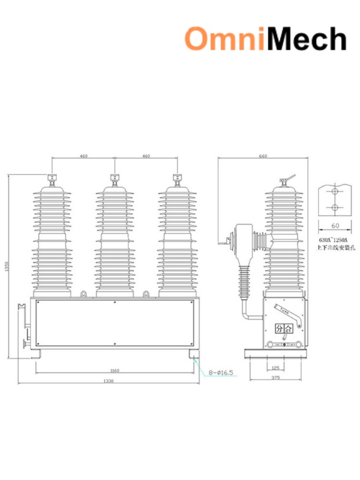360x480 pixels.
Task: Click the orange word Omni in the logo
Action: (224, 39)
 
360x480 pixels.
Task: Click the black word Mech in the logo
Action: (306, 39)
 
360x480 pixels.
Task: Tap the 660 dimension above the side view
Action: (263, 156)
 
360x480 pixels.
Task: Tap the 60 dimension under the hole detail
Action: (335, 226)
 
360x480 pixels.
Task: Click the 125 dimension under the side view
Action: (275, 367)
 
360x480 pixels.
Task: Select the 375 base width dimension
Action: (275, 377)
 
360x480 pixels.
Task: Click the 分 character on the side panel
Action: (279, 329)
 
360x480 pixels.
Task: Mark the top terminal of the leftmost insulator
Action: (52, 178)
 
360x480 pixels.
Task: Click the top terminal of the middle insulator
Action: (115, 178)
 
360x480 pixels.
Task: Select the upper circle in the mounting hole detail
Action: (335, 192)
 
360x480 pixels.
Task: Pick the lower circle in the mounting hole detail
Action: (335, 208)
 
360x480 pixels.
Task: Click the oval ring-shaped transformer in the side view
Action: (241, 240)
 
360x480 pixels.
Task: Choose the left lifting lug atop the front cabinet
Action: (84, 294)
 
